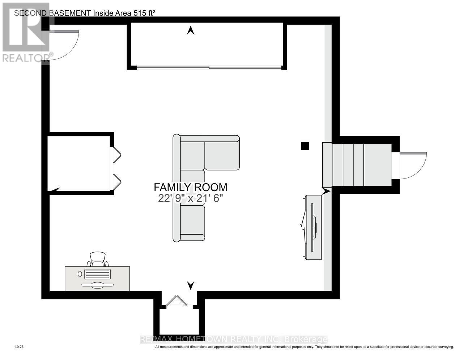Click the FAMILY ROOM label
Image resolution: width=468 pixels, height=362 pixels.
tap(190, 187)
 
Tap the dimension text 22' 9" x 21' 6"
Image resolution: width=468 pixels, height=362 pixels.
tap(190, 198)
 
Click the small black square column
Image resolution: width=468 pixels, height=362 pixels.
tap(305, 146)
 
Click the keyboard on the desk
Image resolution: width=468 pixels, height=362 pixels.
tap(97, 274)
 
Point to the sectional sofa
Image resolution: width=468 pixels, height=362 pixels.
tap(192, 170)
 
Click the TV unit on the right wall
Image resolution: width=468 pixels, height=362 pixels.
tap(313, 227)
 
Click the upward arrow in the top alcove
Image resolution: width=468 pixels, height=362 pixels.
tap(191, 31)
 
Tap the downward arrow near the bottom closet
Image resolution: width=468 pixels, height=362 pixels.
tap(191, 285)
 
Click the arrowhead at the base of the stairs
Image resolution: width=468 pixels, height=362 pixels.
tap(326, 191)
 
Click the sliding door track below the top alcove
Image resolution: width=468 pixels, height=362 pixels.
tap(209, 67)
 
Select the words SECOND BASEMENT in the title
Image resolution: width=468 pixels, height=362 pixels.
tap(52, 13)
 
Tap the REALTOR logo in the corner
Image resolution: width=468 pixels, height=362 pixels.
tap(25, 33)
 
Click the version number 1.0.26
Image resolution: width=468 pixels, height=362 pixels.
tap(19, 347)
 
